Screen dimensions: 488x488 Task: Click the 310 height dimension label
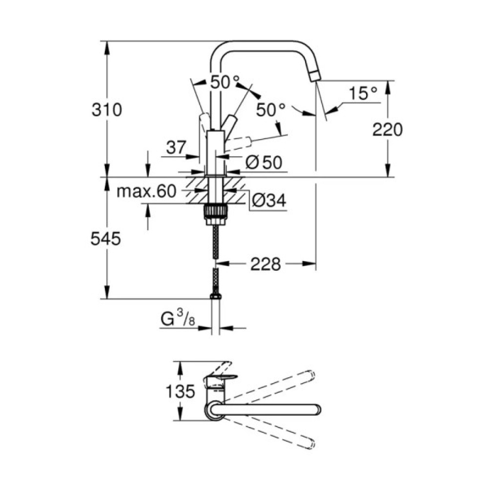106,110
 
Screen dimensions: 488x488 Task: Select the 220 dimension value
387,130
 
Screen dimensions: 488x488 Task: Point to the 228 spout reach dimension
265,264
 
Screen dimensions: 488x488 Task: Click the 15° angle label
363,93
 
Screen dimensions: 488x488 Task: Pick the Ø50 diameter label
264,163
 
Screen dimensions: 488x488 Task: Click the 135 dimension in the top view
180,391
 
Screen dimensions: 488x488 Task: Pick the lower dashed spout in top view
273,432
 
